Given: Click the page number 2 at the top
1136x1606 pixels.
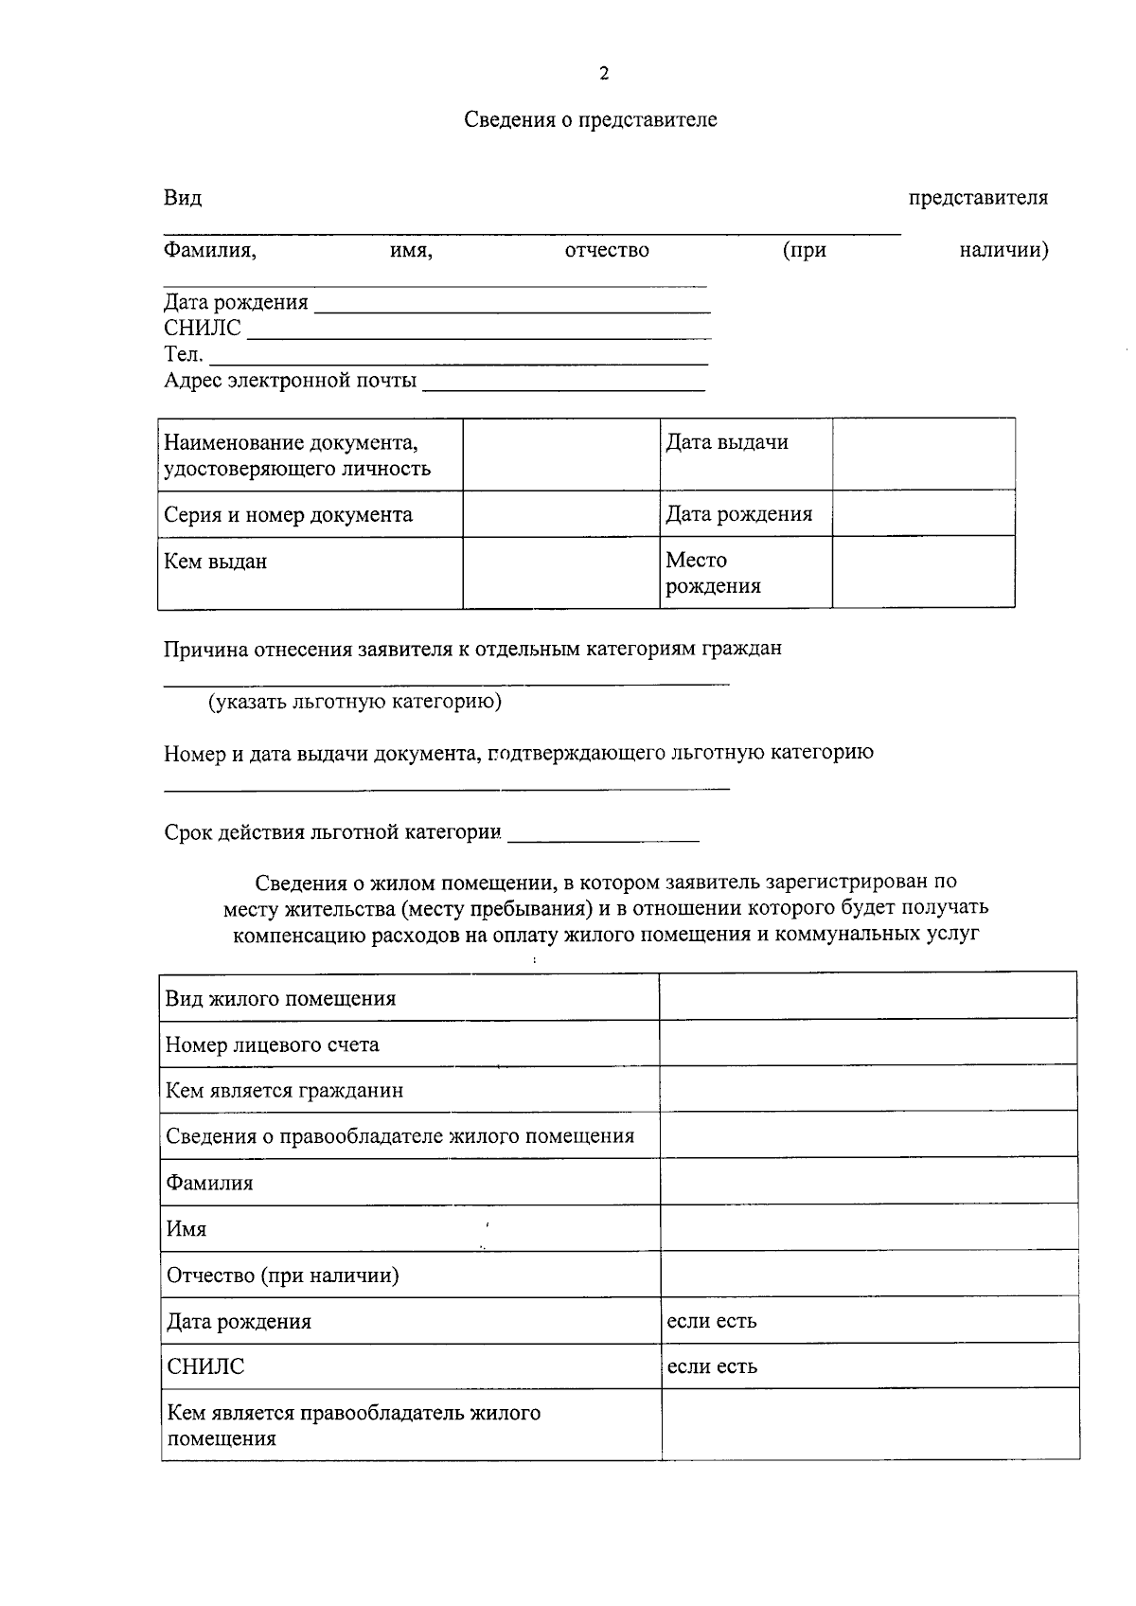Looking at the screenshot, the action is [x=604, y=74].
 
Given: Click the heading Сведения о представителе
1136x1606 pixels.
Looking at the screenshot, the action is [x=590, y=120].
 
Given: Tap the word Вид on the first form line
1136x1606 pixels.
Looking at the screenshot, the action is [x=182, y=198].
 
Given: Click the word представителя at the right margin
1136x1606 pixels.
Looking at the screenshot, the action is [x=978, y=198].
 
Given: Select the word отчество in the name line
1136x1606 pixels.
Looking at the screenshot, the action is [x=607, y=250].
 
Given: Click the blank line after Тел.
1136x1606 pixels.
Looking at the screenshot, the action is [x=458, y=358].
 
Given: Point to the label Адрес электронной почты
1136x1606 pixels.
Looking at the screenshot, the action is [x=290, y=381].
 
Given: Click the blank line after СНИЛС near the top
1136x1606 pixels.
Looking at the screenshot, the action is [x=478, y=331].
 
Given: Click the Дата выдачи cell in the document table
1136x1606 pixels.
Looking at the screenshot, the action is [x=726, y=442].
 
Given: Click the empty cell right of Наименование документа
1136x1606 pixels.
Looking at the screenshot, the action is [x=560, y=455].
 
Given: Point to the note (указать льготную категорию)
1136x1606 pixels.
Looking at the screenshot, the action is [x=355, y=702].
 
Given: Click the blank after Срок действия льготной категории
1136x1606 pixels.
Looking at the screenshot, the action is [x=603, y=835].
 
